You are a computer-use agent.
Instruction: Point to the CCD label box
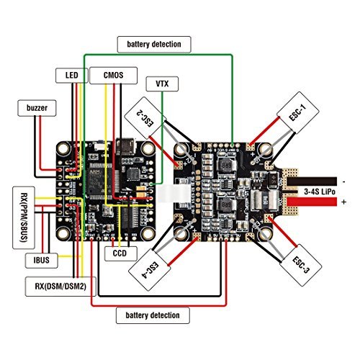[x=116, y=253]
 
